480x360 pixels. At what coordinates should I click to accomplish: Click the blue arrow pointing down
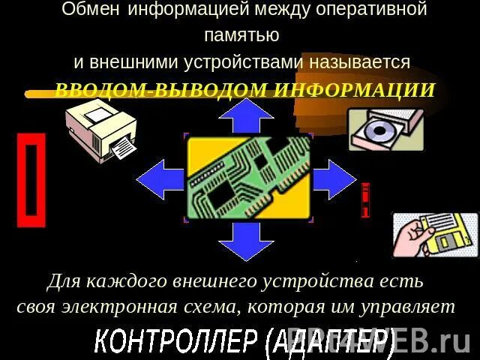(x=247, y=240)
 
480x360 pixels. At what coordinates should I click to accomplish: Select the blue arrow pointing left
(x=159, y=179)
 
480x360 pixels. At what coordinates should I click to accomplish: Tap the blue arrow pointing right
(x=334, y=179)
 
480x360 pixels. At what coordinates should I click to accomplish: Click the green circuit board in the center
(x=247, y=178)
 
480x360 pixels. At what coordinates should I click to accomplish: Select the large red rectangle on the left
(x=31, y=180)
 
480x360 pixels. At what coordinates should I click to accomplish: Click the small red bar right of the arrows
(x=365, y=200)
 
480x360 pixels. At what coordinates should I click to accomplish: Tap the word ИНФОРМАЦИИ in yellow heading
(x=353, y=91)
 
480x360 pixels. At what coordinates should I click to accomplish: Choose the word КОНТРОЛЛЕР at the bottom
(x=177, y=342)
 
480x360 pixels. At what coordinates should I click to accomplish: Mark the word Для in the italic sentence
(x=63, y=282)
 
